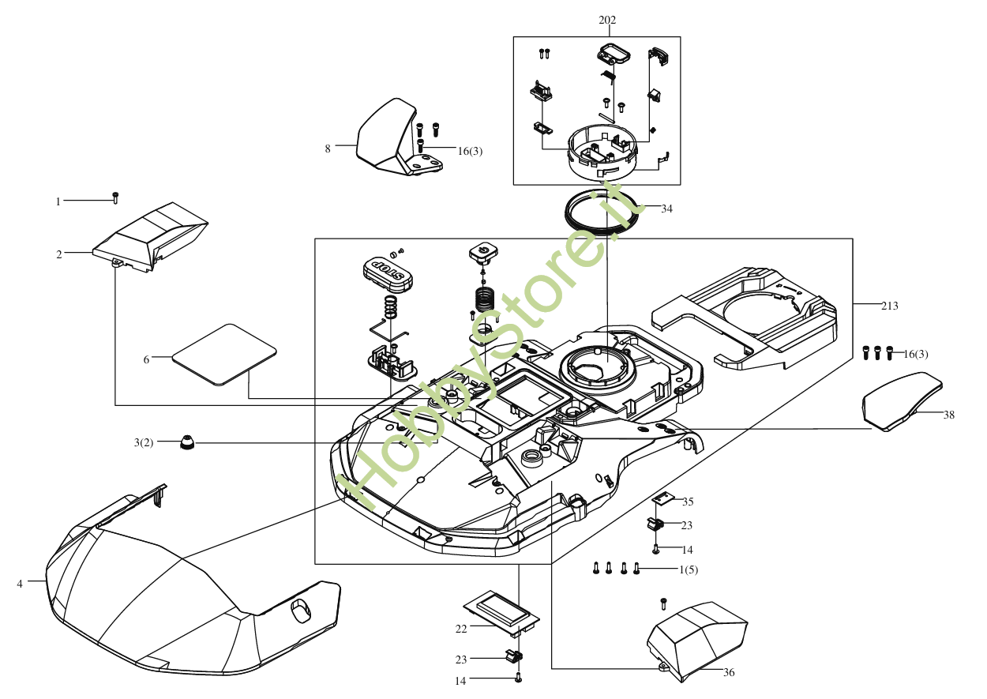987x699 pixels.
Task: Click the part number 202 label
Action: (607, 21)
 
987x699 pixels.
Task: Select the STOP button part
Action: (388, 271)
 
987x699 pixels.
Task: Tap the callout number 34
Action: (667, 209)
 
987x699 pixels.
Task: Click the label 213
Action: (889, 306)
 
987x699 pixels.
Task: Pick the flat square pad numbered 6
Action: (223, 353)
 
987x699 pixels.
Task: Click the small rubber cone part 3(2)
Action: (187, 442)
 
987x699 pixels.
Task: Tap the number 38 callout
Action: (948, 415)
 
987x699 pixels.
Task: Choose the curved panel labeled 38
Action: (900, 401)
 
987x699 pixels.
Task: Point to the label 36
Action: (729, 673)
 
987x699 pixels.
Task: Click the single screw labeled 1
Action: (116, 197)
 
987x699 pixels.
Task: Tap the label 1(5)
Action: (689, 569)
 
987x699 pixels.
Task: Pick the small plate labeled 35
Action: (664, 499)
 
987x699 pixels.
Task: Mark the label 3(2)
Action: (144, 443)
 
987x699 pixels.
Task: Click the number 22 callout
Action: (461, 629)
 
